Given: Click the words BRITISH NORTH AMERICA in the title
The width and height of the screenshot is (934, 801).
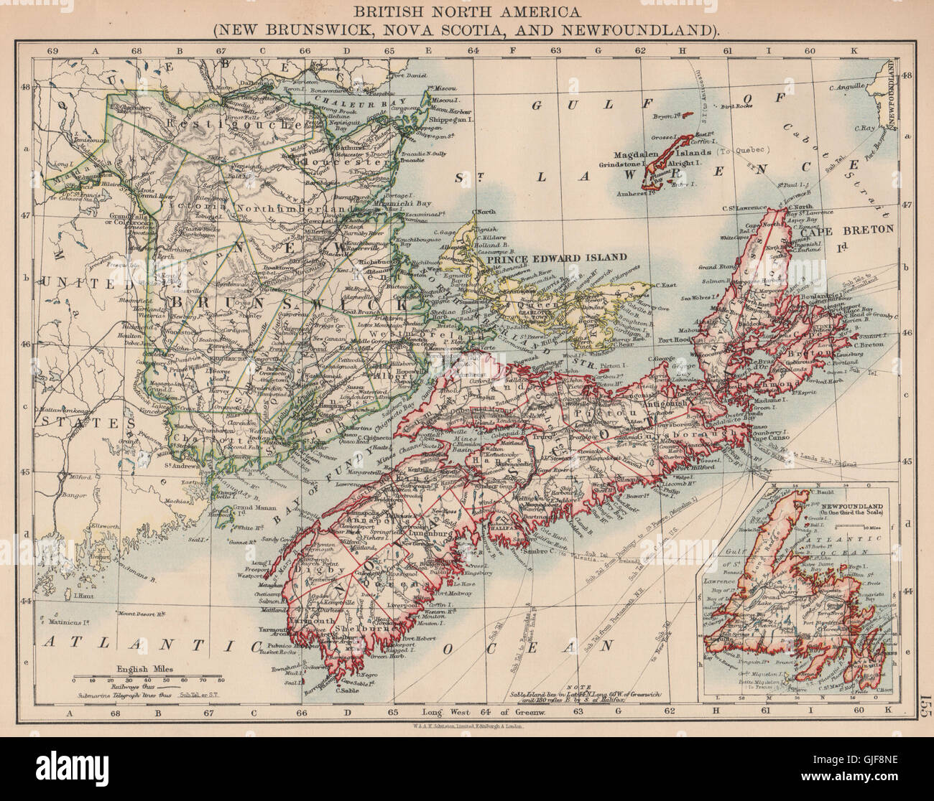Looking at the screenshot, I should (466, 12).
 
